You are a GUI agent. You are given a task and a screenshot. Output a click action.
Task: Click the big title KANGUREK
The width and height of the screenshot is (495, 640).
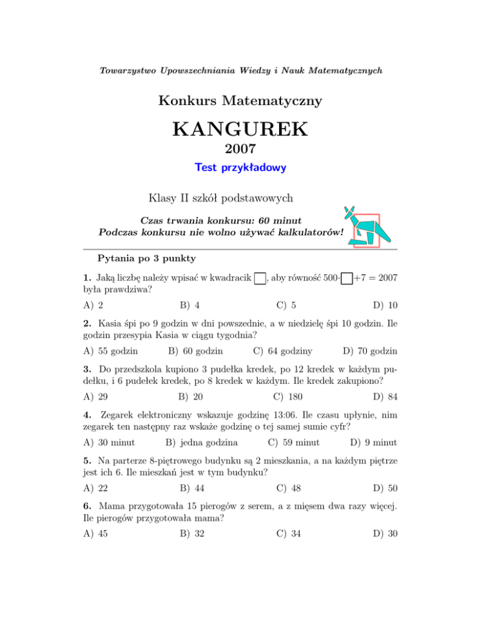240,131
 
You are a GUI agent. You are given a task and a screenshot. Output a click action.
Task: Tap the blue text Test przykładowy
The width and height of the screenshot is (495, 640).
240,168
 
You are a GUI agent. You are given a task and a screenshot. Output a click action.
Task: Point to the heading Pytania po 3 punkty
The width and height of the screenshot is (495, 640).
147,259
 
